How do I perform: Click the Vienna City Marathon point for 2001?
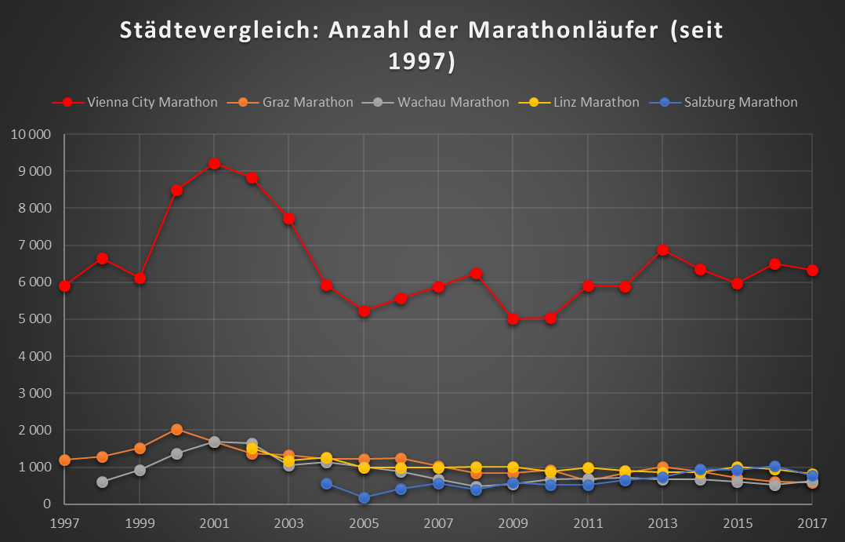point(214,164)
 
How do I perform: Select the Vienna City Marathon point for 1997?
point(64,286)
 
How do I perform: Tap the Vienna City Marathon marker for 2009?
point(513,319)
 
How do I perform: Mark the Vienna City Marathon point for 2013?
point(663,250)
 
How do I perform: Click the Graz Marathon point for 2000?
point(176,430)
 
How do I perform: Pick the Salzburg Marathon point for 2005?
point(364,497)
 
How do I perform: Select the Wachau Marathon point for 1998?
point(102,482)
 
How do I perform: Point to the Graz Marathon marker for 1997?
point(64,460)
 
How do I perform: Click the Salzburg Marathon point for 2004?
point(326,484)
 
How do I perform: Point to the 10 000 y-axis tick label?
point(31,135)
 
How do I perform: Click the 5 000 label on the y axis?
point(34,319)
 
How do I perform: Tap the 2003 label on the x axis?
point(288,522)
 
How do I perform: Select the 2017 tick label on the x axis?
point(813,522)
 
